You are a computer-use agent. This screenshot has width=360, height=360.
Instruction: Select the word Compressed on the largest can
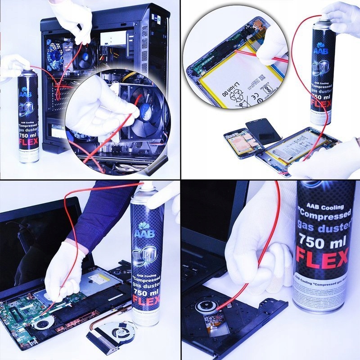(x=320, y=217)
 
